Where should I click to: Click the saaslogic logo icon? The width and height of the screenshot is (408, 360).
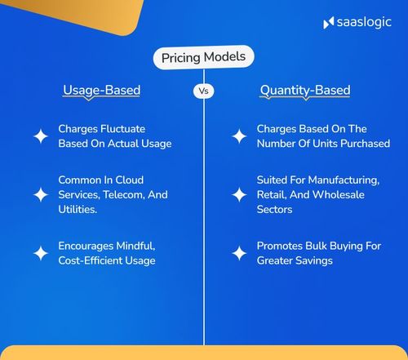[x=328, y=22]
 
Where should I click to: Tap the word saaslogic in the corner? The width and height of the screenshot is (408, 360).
[x=363, y=22]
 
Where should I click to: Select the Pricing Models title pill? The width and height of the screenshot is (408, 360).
[x=204, y=58]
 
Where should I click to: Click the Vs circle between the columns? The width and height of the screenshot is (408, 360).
[x=204, y=91]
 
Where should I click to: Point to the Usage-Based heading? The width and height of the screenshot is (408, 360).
[x=102, y=90]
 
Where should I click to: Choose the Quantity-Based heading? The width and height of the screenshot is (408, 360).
[x=306, y=90]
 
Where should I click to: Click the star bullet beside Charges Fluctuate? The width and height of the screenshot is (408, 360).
[x=40, y=136]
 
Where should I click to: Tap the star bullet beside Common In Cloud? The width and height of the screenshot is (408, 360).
[x=40, y=194]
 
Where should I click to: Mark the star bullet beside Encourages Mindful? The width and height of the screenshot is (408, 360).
[x=40, y=252]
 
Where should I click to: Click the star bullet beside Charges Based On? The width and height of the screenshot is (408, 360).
[x=239, y=136]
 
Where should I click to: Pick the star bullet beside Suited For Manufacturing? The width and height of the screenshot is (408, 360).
[x=239, y=194]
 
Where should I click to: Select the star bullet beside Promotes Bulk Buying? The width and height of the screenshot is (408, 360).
[x=239, y=252]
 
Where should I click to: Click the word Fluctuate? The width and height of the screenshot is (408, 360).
[x=126, y=129]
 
